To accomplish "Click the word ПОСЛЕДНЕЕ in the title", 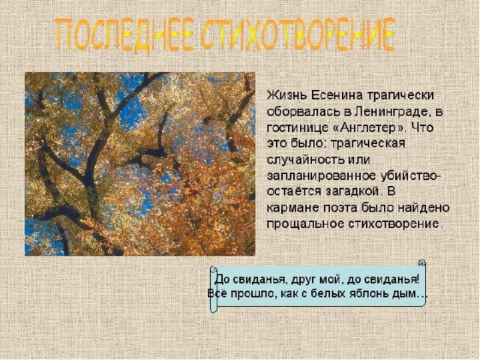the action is pyautogui.click(x=125, y=34).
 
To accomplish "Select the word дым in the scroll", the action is pyautogui.click(x=404, y=294).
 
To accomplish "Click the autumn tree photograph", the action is pyautogui.click(x=140, y=163).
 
